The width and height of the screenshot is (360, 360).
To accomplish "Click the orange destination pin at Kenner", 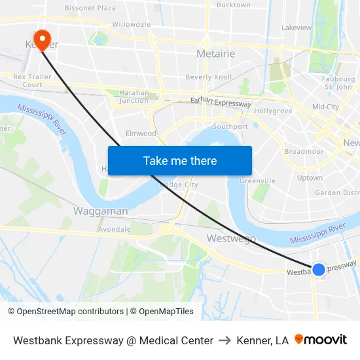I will point(42,39).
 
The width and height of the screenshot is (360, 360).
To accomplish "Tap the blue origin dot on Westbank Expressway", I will point(319,269).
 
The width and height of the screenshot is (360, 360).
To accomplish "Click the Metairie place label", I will point(215,54).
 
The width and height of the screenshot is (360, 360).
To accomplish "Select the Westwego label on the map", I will point(231,239).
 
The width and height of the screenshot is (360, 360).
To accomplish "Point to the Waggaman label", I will point(100,211).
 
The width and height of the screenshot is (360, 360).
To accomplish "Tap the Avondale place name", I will point(114,230).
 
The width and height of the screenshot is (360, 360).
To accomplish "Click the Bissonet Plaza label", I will point(90,8).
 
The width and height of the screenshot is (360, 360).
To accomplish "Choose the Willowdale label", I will point(131,24).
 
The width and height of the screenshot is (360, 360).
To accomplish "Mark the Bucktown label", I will point(233,5).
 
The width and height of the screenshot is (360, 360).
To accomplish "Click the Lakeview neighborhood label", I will point(297,28).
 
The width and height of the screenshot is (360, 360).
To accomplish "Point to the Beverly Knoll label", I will point(208,77).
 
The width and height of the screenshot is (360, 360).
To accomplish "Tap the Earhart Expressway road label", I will point(221,103).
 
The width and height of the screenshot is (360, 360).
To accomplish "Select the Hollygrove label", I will point(273,111).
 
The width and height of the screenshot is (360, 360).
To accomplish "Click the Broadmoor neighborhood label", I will point(304,151).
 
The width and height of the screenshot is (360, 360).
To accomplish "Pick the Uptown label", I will point(310,177).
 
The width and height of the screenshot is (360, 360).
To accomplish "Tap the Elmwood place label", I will point(141,134).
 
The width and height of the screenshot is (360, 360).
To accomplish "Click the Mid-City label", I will point(325,107).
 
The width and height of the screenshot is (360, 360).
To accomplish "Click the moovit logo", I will point(321,340).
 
